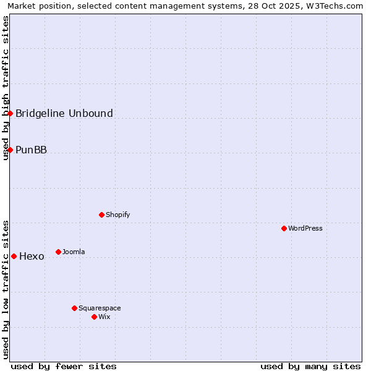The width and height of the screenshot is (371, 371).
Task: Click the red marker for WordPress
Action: coord(284,228)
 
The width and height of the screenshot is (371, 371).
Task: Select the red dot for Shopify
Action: coord(101,215)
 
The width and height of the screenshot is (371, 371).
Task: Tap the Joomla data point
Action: coord(58,252)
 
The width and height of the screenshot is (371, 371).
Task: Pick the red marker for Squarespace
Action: coord(74,308)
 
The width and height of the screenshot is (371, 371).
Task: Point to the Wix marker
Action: coord(94,317)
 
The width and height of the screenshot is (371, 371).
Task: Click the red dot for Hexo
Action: coord(14,256)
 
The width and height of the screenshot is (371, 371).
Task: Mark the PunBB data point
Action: coord(10,150)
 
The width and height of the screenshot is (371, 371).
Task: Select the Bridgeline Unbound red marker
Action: coord(10,113)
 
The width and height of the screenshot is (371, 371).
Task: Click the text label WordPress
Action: coord(305,229)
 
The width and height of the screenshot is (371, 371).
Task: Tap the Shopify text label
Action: coord(117,215)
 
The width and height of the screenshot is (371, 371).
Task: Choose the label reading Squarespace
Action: coord(100,309)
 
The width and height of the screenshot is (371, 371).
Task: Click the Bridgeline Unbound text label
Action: coord(64,113)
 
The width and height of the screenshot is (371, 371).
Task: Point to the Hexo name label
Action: coord(32,257)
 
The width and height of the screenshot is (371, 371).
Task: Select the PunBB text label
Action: coord(31,150)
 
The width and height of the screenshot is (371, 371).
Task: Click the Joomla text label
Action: coord(74,252)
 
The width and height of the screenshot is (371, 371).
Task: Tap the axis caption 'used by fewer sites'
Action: coord(64,366)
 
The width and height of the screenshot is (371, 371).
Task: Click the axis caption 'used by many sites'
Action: coord(310,366)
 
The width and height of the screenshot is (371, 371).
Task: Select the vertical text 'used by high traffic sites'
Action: coord(6,88)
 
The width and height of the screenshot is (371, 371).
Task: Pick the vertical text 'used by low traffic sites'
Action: coord(6,289)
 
